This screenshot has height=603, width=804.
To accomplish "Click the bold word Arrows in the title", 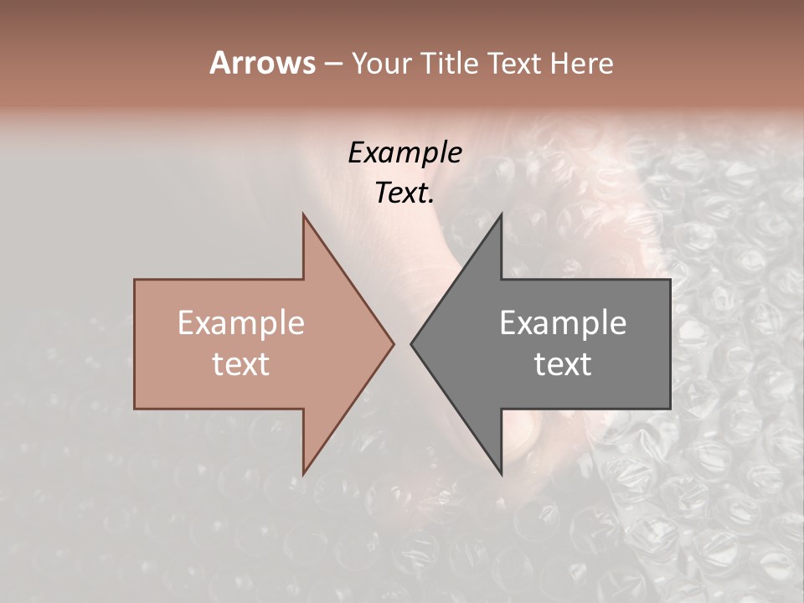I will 262,63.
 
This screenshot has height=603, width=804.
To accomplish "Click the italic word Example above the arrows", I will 405,152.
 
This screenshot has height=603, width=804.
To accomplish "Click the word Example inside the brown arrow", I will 241,323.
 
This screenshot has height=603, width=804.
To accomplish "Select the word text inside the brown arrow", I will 241,364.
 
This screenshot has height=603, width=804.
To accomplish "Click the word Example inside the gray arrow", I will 563,323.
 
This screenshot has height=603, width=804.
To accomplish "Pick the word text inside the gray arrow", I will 563,364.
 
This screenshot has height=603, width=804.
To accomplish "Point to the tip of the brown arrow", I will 393,343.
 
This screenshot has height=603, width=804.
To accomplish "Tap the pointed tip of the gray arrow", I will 411,343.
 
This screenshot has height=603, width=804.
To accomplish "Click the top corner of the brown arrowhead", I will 303,214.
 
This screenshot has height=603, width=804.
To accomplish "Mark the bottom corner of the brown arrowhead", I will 303,473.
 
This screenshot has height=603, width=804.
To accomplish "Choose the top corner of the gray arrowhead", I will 501,214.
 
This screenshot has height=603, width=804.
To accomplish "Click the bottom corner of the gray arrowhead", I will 501,473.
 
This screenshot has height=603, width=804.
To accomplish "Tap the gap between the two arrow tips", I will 402,343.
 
